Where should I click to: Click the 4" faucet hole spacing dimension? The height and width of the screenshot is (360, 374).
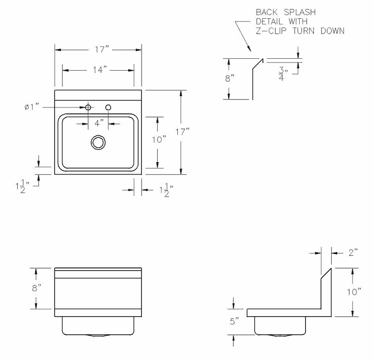tap(98, 123)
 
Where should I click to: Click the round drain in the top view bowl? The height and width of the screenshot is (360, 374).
tap(98, 142)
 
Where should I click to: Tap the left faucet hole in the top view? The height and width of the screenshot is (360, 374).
tap(88, 108)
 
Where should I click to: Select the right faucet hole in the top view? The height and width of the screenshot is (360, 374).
tap(108, 108)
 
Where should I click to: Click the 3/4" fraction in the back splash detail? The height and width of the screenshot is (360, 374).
tap(283, 73)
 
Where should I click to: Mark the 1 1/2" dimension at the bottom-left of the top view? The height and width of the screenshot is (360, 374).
tap(23, 188)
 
